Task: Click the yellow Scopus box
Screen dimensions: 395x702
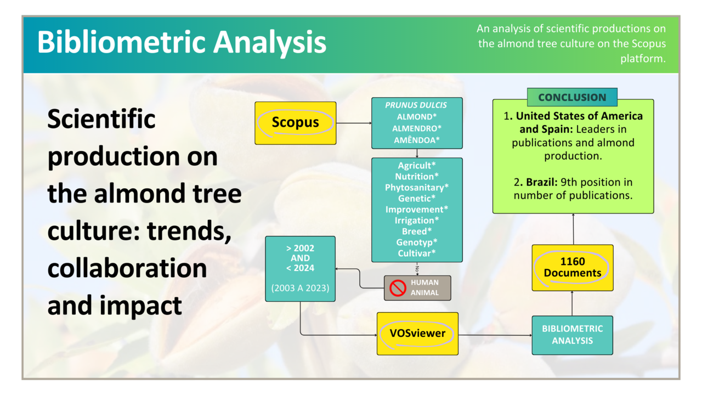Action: [295, 123]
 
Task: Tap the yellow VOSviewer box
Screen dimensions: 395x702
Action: [417, 333]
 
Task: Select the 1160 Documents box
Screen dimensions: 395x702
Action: [573, 267]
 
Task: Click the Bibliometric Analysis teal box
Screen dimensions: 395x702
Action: [572, 335]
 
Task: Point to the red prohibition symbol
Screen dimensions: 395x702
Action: [398, 288]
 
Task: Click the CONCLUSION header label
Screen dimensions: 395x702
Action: [572, 98]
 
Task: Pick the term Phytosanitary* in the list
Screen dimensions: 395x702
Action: [417, 188]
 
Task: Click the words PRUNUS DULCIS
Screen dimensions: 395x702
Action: [416, 105]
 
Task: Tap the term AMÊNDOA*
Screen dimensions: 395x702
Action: [417, 140]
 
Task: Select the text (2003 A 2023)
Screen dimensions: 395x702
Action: [300, 287]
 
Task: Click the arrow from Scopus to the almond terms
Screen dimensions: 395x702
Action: [353, 123]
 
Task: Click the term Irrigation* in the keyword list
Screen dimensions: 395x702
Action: [417, 221]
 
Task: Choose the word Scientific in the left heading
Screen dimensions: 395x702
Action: [101, 119]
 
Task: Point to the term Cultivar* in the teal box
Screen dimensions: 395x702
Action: [417, 253]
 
